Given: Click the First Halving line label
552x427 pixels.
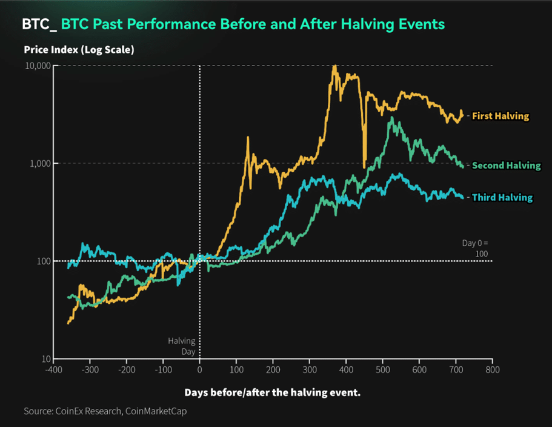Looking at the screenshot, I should click(500, 116).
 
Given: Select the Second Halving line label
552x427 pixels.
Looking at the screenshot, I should click(506, 165).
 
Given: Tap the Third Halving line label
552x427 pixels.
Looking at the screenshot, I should click(502, 197).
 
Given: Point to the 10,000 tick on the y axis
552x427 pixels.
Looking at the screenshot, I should click(38, 66).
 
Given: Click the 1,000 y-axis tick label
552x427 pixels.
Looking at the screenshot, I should click(39, 163).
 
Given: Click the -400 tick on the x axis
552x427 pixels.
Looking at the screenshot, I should click(53, 369).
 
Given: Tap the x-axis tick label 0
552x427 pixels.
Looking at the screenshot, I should click(199, 369).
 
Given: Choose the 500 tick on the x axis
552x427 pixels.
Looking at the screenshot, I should click(382, 369).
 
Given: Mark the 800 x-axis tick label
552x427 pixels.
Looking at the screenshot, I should click(492, 369).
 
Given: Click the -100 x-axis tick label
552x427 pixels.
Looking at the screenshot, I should click(162, 369).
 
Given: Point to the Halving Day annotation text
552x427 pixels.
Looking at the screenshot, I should click(182, 346).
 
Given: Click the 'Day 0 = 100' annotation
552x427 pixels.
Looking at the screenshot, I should click(475, 248).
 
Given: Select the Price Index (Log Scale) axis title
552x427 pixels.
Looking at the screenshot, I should click(79, 50).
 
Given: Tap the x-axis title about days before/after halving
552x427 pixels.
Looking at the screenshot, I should click(272, 392).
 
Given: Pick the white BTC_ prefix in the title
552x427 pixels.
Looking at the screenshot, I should click(39, 25).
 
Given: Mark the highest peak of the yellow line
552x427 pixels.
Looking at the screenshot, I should click(334, 66).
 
